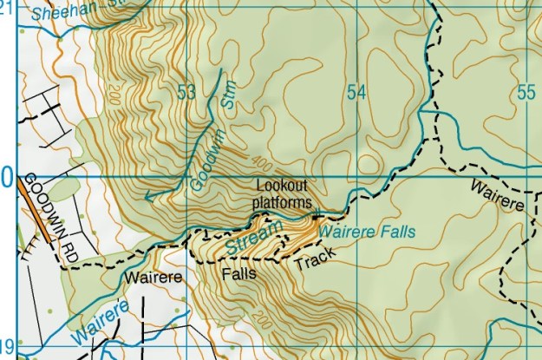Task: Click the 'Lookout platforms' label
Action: tap(281, 194)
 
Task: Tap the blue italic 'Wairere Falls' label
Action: tap(367, 232)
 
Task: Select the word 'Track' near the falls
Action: tap(315, 259)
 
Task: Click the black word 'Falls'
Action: tap(238, 274)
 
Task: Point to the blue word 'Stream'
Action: tap(256, 239)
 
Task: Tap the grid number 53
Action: tap(185, 92)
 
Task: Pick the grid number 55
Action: tap(525, 92)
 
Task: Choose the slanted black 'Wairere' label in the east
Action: tap(498, 196)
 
